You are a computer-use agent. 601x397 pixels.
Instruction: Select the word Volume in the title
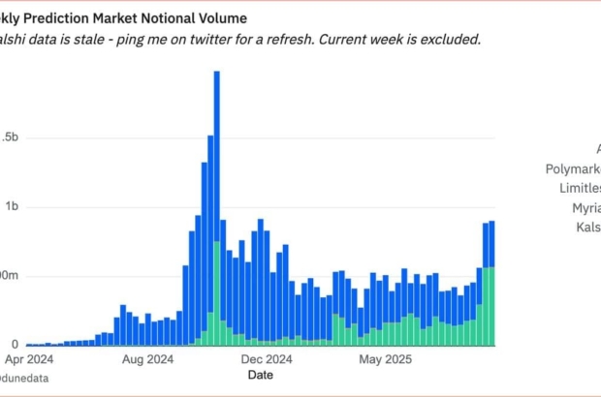[x=223, y=17]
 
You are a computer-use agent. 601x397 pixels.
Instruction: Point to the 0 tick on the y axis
[x=14, y=345]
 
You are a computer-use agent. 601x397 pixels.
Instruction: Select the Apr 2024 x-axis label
[x=46, y=358]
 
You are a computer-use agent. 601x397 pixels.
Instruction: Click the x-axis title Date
[x=260, y=374]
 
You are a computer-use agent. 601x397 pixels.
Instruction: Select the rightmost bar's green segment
[x=492, y=305]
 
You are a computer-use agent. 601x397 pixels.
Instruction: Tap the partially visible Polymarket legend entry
[x=573, y=168]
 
